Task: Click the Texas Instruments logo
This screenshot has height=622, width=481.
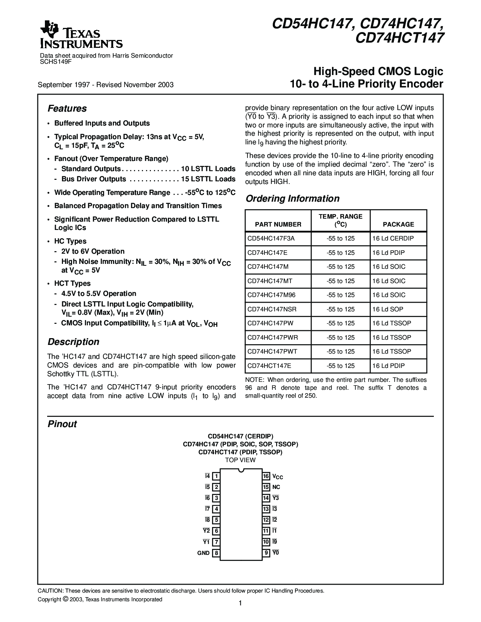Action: [81, 36]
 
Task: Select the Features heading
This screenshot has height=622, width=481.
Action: [67, 109]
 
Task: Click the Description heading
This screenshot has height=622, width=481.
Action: [73, 342]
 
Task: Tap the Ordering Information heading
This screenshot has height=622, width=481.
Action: [292, 199]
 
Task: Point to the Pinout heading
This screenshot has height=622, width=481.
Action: [62, 424]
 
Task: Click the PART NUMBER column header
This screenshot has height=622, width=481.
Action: [278, 224]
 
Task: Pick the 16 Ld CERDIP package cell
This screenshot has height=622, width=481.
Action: [393, 239]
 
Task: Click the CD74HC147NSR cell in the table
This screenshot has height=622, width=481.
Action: [272, 309]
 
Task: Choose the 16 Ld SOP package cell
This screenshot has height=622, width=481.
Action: [387, 309]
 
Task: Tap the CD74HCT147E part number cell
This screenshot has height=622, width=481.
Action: [269, 366]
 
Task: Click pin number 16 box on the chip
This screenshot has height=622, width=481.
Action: [266, 476]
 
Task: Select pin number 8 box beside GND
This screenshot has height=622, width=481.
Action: [216, 553]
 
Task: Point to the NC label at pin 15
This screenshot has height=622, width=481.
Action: [277, 487]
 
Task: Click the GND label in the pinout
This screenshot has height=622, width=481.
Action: [203, 553]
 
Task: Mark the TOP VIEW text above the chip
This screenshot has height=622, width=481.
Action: [240, 460]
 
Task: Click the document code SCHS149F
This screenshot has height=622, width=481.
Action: [55, 61]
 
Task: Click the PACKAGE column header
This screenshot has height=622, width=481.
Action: [398, 224]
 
